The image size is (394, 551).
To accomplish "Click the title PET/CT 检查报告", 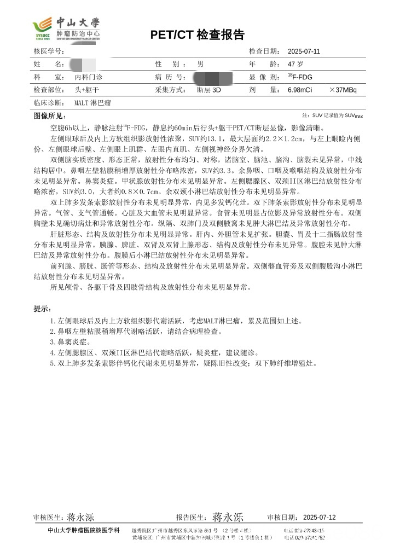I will coord(197,35).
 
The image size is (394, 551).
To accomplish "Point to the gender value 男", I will coord(200,64).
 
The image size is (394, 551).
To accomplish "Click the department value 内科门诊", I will coord(88,77).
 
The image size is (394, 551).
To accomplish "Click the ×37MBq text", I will coord(344,90).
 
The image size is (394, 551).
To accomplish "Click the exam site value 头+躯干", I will coord(86,90).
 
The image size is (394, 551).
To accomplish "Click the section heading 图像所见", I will coord(50,116).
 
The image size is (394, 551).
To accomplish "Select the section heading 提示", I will coord(42,309).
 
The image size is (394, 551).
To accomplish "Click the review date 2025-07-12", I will coord(319,517).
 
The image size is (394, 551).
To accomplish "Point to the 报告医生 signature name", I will coord(228,517).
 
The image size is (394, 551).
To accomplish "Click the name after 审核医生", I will coord(81,517).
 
